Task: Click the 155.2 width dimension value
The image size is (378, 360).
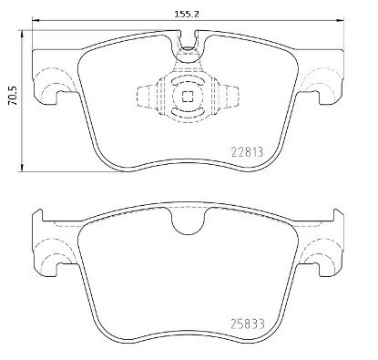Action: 187,14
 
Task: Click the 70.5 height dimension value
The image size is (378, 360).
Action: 14,96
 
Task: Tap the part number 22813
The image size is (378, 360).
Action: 247,151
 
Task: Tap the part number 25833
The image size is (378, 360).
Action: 248,324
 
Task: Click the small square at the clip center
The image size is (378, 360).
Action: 188,97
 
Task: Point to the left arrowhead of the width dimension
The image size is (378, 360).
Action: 36,20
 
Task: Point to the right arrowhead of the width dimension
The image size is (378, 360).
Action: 341,20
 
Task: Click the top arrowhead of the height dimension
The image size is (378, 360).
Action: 22,34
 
